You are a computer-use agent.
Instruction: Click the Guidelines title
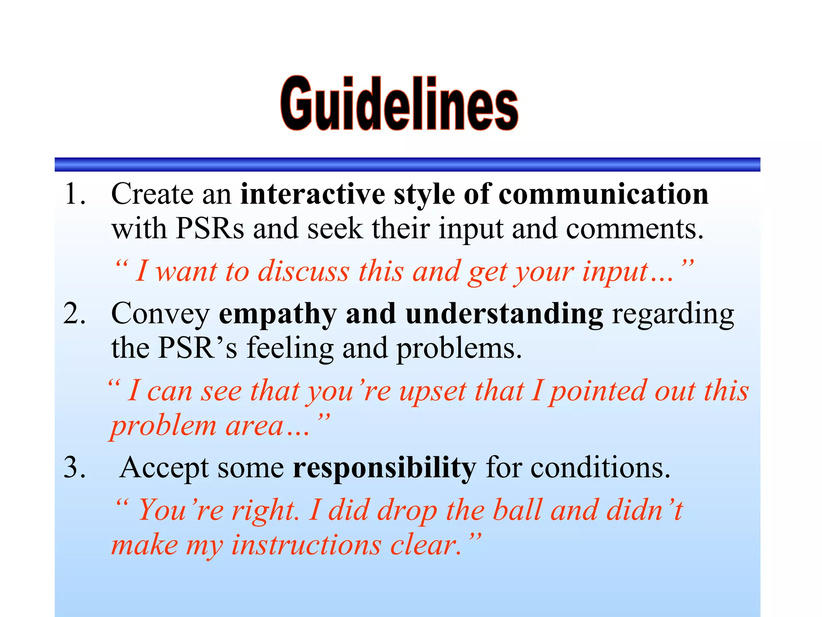point(399,104)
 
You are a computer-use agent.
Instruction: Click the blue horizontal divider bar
point(407,165)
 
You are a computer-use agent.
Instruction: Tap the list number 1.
point(74,194)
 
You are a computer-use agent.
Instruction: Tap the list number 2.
point(74,313)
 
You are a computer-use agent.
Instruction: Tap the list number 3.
point(74,468)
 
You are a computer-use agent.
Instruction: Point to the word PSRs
point(210,229)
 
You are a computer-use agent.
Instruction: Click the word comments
point(634,229)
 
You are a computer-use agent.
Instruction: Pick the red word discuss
point(303,271)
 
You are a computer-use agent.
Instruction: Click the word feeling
point(290,348)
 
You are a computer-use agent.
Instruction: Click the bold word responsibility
point(384,468)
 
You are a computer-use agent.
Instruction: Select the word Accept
point(164,468)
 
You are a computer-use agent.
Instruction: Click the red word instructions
point(306,545)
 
